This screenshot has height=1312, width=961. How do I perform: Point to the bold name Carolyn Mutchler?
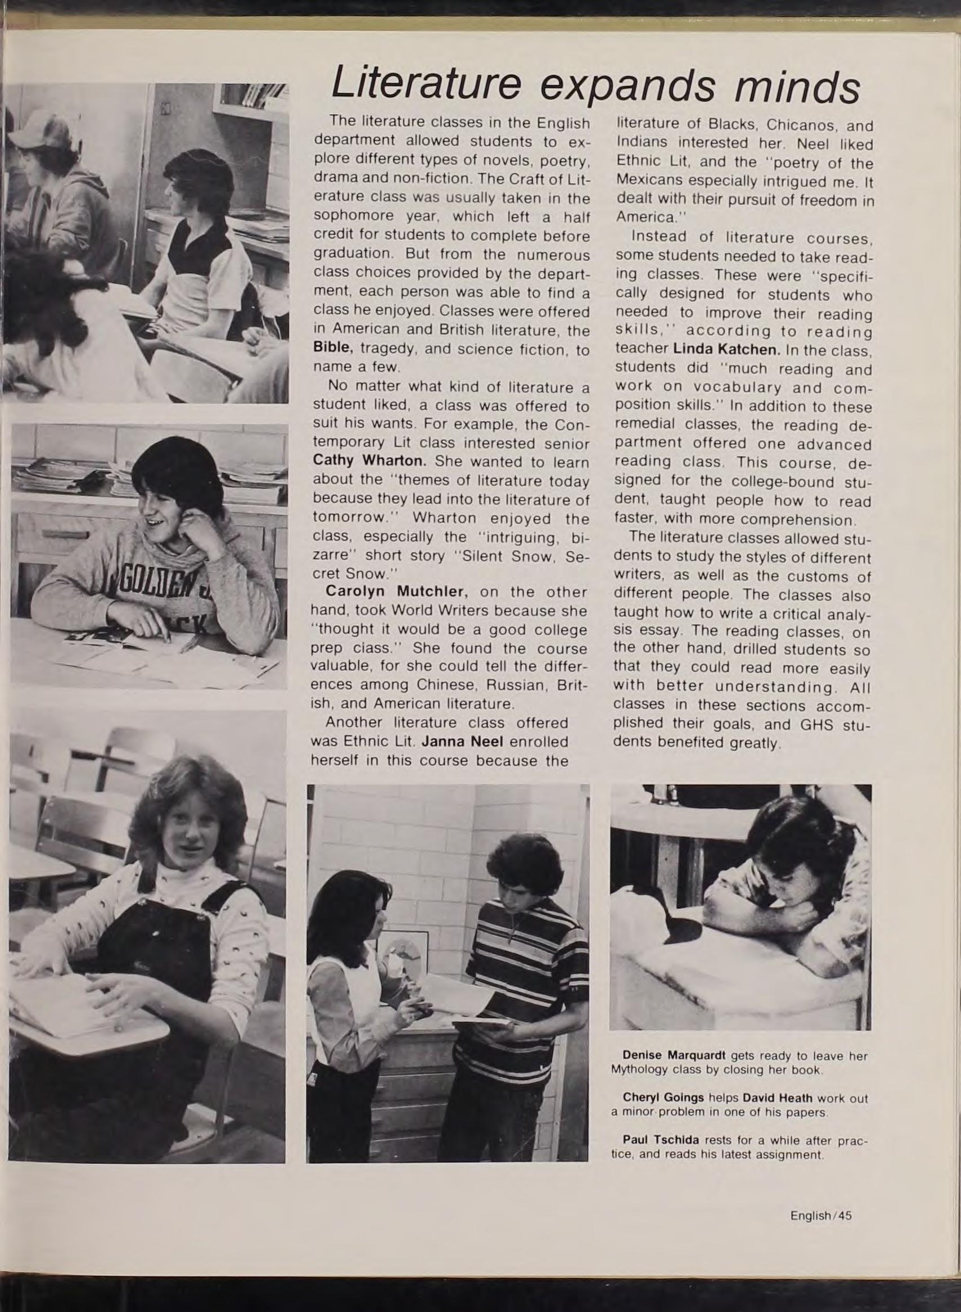397,591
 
